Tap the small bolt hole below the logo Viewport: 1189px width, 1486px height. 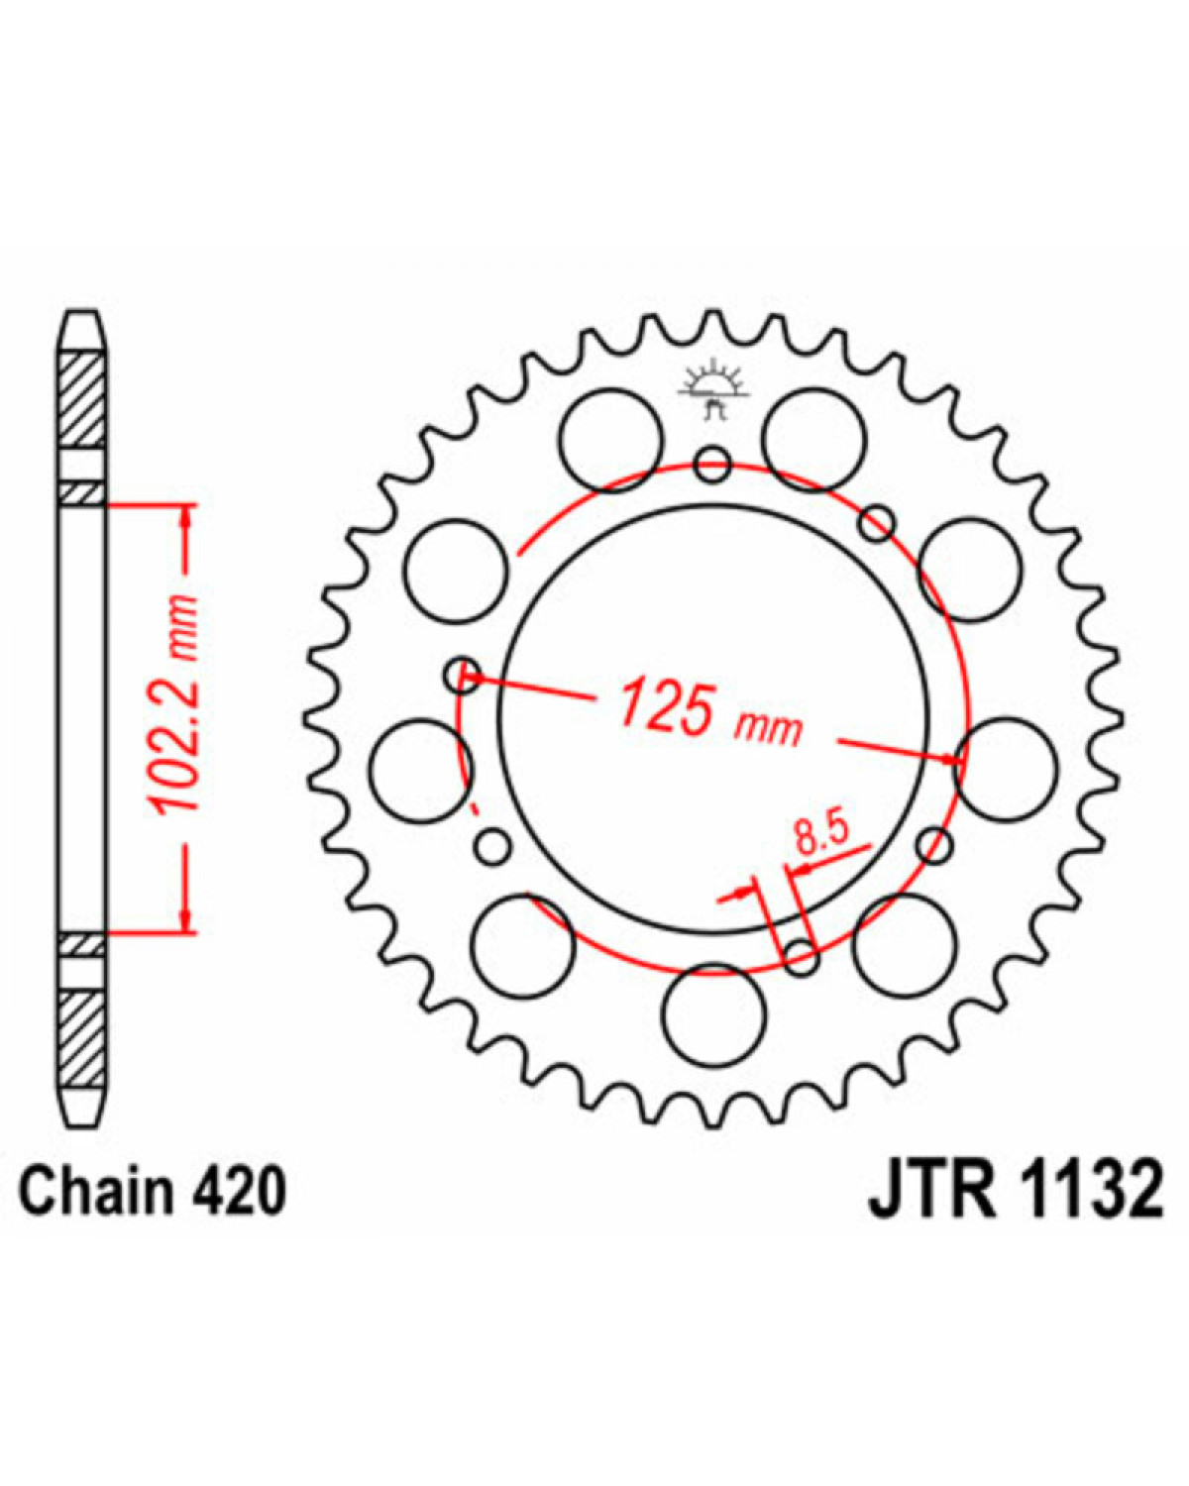(713, 465)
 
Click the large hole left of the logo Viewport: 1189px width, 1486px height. (610, 440)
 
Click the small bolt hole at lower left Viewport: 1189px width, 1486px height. (493, 847)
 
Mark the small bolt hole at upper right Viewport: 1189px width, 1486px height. (878, 523)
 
